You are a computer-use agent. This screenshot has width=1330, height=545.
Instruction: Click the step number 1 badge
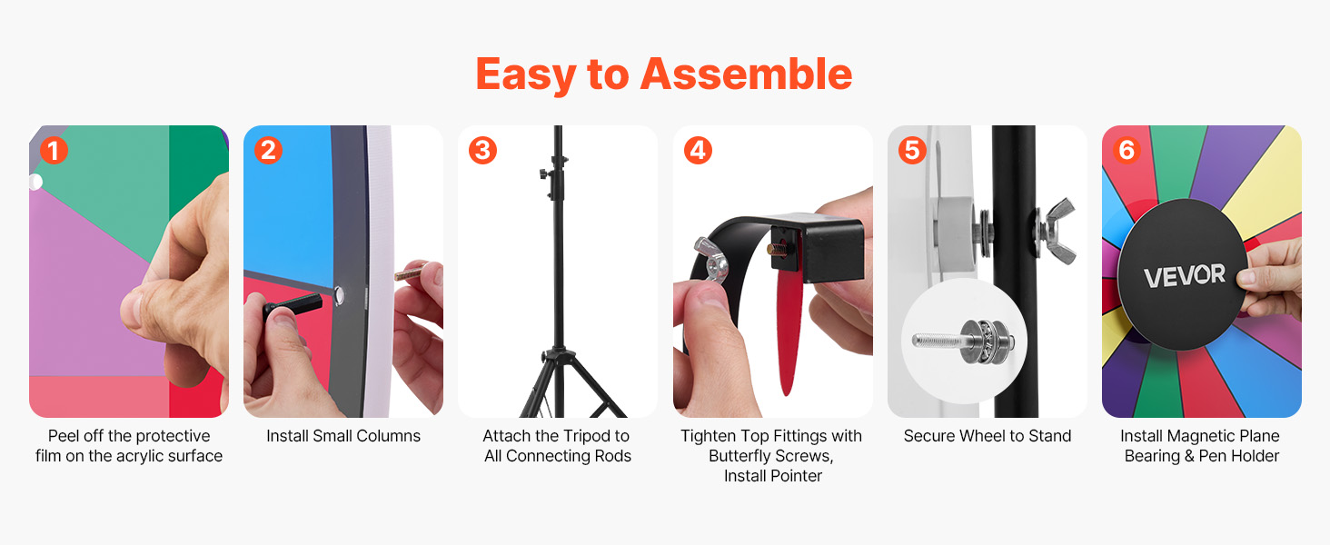[54, 150]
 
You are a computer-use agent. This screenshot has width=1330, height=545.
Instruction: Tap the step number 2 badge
[268, 150]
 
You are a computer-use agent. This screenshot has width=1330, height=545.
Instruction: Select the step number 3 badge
[482, 150]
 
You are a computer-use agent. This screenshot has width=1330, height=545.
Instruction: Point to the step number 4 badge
[698, 150]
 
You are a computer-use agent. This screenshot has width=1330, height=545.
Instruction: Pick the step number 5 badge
[912, 150]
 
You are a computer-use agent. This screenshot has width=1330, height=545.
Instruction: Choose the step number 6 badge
[1127, 150]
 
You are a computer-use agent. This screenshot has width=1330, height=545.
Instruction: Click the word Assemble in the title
[747, 74]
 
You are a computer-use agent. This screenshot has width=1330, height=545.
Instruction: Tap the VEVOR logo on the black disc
[1185, 275]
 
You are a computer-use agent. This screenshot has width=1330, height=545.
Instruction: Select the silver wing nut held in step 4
[711, 261]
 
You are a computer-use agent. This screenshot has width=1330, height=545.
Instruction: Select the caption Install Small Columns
[343, 436]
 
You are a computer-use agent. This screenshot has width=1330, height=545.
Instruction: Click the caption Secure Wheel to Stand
[988, 436]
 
